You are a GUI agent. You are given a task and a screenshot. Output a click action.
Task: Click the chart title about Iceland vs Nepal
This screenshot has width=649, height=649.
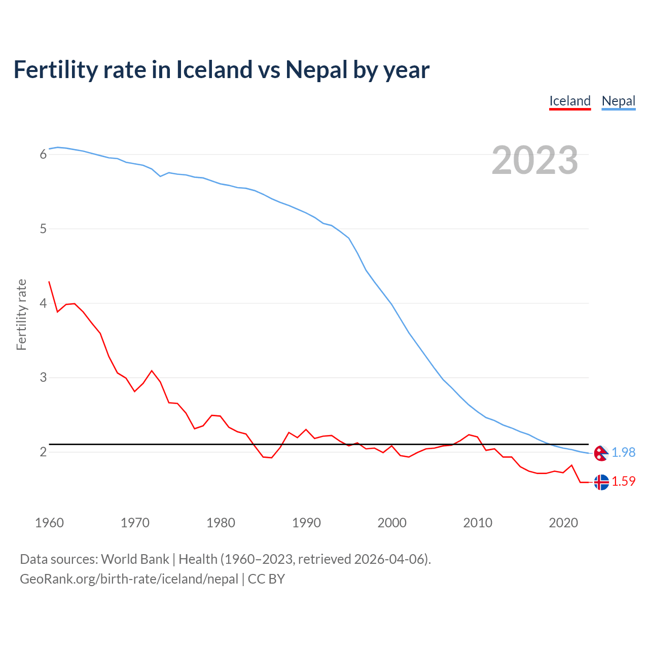[221, 69]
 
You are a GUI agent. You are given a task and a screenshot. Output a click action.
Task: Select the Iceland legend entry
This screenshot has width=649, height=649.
[570, 101]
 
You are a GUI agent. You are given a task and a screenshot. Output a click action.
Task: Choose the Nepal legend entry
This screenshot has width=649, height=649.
[618, 101]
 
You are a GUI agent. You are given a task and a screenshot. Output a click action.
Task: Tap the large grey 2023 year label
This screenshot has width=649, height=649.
[534, 160]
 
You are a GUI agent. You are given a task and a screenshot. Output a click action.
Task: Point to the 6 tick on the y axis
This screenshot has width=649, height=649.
[43, 154]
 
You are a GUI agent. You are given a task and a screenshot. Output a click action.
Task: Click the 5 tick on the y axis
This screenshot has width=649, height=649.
[43, 229]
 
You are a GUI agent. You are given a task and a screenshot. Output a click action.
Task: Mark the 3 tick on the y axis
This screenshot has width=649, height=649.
[43, 378]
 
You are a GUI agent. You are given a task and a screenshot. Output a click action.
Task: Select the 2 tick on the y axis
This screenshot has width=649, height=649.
[43, 452]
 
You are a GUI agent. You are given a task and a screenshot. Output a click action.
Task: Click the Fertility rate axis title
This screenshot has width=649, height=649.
[21, 314]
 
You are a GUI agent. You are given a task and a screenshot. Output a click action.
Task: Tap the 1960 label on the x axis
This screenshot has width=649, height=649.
[49, 523]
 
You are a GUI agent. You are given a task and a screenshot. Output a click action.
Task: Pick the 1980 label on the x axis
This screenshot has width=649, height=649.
[221, 523]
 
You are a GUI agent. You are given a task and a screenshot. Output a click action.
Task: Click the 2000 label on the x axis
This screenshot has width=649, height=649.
[392, 523]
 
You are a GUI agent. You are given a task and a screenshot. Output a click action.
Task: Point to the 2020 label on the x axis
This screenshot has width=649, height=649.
[563, 523]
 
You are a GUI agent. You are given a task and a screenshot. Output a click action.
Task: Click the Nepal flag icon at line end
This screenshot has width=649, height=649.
[601, 453]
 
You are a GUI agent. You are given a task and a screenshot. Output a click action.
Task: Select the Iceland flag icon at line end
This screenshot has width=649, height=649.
[601, 482]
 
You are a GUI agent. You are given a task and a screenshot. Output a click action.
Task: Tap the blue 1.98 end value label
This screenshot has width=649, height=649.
[623, 452]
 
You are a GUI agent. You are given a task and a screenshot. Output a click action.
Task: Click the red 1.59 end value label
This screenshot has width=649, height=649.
[623, 481]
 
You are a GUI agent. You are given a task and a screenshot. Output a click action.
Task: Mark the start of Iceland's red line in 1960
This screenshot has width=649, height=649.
[49, 282]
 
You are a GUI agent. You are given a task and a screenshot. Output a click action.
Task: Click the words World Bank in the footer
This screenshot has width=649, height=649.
[135, 559]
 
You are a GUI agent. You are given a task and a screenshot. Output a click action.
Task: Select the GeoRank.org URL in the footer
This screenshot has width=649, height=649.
[129, 579]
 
